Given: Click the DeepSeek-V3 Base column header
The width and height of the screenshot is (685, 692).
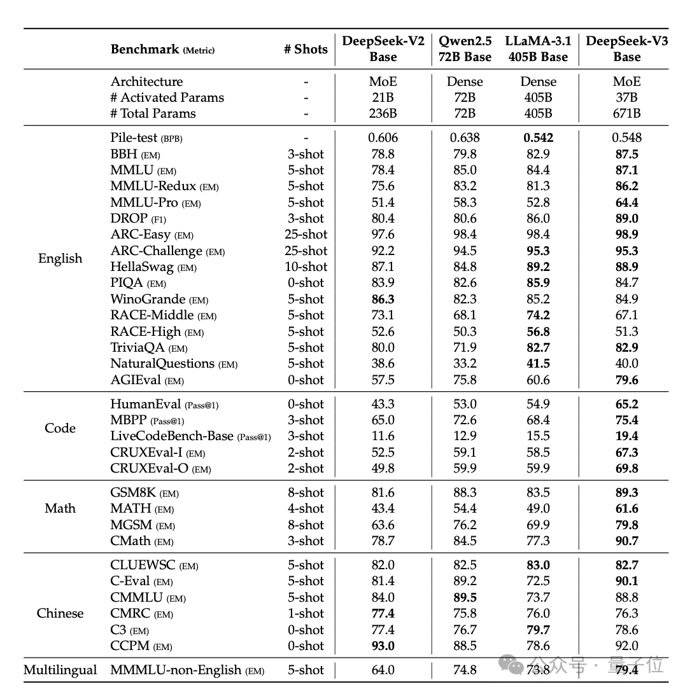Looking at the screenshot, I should (626, 49).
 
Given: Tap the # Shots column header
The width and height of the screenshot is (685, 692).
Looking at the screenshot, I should (306, 49).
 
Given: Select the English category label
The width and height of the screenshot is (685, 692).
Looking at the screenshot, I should (60, 258).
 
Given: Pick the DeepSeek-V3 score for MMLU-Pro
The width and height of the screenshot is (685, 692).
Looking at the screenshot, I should (626, 202).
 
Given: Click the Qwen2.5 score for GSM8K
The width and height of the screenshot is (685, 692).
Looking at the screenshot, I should (465, 492).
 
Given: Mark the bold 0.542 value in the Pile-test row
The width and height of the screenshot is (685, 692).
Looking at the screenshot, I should (538, 137).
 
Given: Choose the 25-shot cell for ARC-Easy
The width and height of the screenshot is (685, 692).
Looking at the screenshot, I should (306, 234).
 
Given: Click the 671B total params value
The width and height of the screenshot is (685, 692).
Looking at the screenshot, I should (626, 113).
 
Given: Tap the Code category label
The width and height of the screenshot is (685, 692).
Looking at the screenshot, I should (60, 428).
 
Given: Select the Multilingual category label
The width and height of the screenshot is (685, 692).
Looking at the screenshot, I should (60, 670).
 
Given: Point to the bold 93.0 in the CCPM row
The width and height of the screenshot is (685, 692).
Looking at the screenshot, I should (383, 646).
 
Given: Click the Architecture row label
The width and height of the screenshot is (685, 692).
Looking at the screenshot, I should (146, 81).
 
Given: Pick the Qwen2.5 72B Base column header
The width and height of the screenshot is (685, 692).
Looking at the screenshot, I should (465, 49).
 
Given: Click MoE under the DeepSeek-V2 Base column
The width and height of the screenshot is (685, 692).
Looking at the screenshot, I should (383, 81).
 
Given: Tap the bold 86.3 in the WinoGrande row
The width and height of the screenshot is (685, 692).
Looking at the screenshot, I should (383, 299).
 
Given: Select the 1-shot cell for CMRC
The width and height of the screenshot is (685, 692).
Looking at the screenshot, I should (306, 613).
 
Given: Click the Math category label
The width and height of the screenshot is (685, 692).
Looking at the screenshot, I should (60, 508).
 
